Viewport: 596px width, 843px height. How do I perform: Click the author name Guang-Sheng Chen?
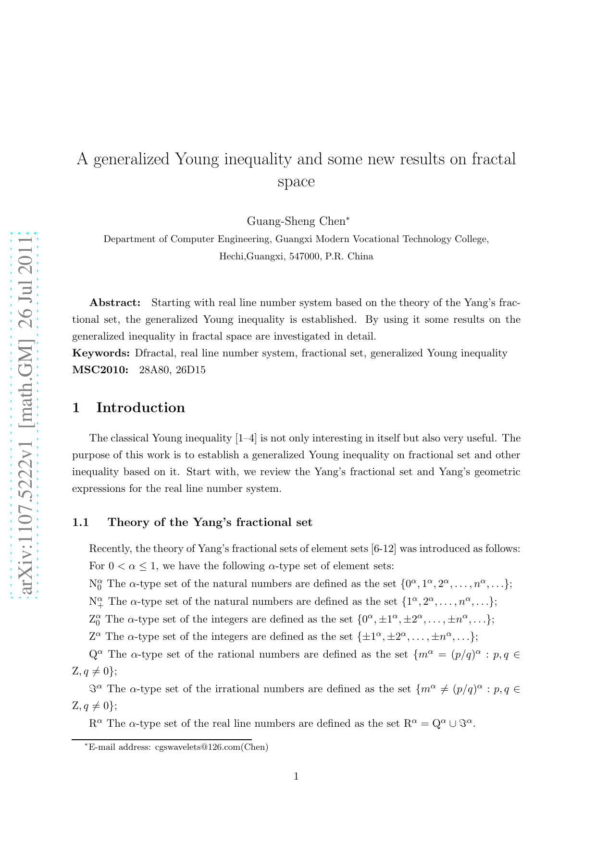click(x=296, y=221)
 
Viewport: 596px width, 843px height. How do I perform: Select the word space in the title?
click(x=296, y=182)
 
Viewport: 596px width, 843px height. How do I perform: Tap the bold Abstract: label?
click(x=115, y=303)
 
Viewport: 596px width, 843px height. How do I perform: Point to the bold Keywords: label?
click(x=101, y=354)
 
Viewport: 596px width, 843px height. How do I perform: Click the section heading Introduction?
click(x=140, y=408)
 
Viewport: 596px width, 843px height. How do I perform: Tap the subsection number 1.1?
click(x=81, y=523)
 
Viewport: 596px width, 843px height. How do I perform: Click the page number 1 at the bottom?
click(x=296, y=777)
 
